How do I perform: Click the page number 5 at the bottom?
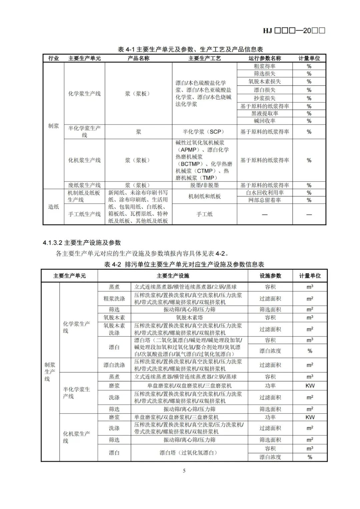[x=184, y=471]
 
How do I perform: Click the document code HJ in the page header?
[x=267, y=31]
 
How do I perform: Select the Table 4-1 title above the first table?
[x=190, y=49]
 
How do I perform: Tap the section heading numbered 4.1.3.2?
[x=82, y=243]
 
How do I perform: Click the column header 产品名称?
[x=138, y=58]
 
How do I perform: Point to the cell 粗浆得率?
[x=264, y=66]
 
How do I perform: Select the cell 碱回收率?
[x=264, y=121]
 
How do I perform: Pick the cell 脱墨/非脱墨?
[x=204, y=185]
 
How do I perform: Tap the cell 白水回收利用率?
[x=264, y=193]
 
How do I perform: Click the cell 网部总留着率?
[x=264, y=200]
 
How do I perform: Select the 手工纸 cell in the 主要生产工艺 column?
[x=204, y=214]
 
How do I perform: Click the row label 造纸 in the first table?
[x=53, y=207]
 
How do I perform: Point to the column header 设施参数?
[x=270, y=276]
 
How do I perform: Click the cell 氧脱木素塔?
[x=189, y=318]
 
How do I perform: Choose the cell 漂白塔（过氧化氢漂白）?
[x=189, y=453]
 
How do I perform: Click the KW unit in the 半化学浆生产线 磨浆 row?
[x=310, y=386]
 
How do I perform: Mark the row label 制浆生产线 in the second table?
[x=50, y=372]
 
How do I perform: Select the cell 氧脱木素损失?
[x=264, y=81]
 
